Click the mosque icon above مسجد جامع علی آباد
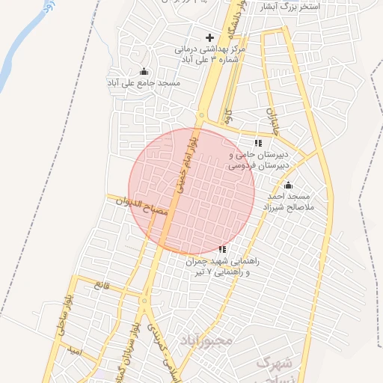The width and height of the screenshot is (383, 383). (144, 71)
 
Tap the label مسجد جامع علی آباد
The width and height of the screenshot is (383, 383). (144, 82)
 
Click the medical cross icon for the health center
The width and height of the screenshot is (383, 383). (209, 37)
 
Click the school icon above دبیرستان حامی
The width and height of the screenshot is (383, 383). (258, 142)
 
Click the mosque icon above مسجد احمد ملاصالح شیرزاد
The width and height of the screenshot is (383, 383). (289, 185)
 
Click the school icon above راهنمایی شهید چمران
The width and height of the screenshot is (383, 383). (222, 249)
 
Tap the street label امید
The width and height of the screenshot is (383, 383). (73, 349)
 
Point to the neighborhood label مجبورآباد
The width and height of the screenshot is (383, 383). (206, 340)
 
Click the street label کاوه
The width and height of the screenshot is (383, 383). (229, 117)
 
